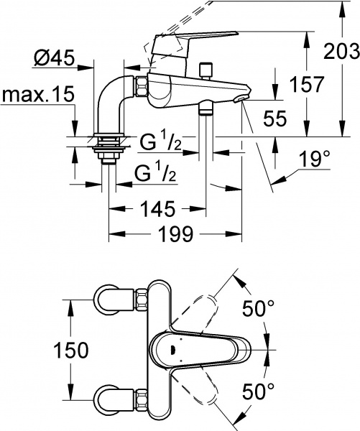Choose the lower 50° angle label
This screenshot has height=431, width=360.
pos(259,391)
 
